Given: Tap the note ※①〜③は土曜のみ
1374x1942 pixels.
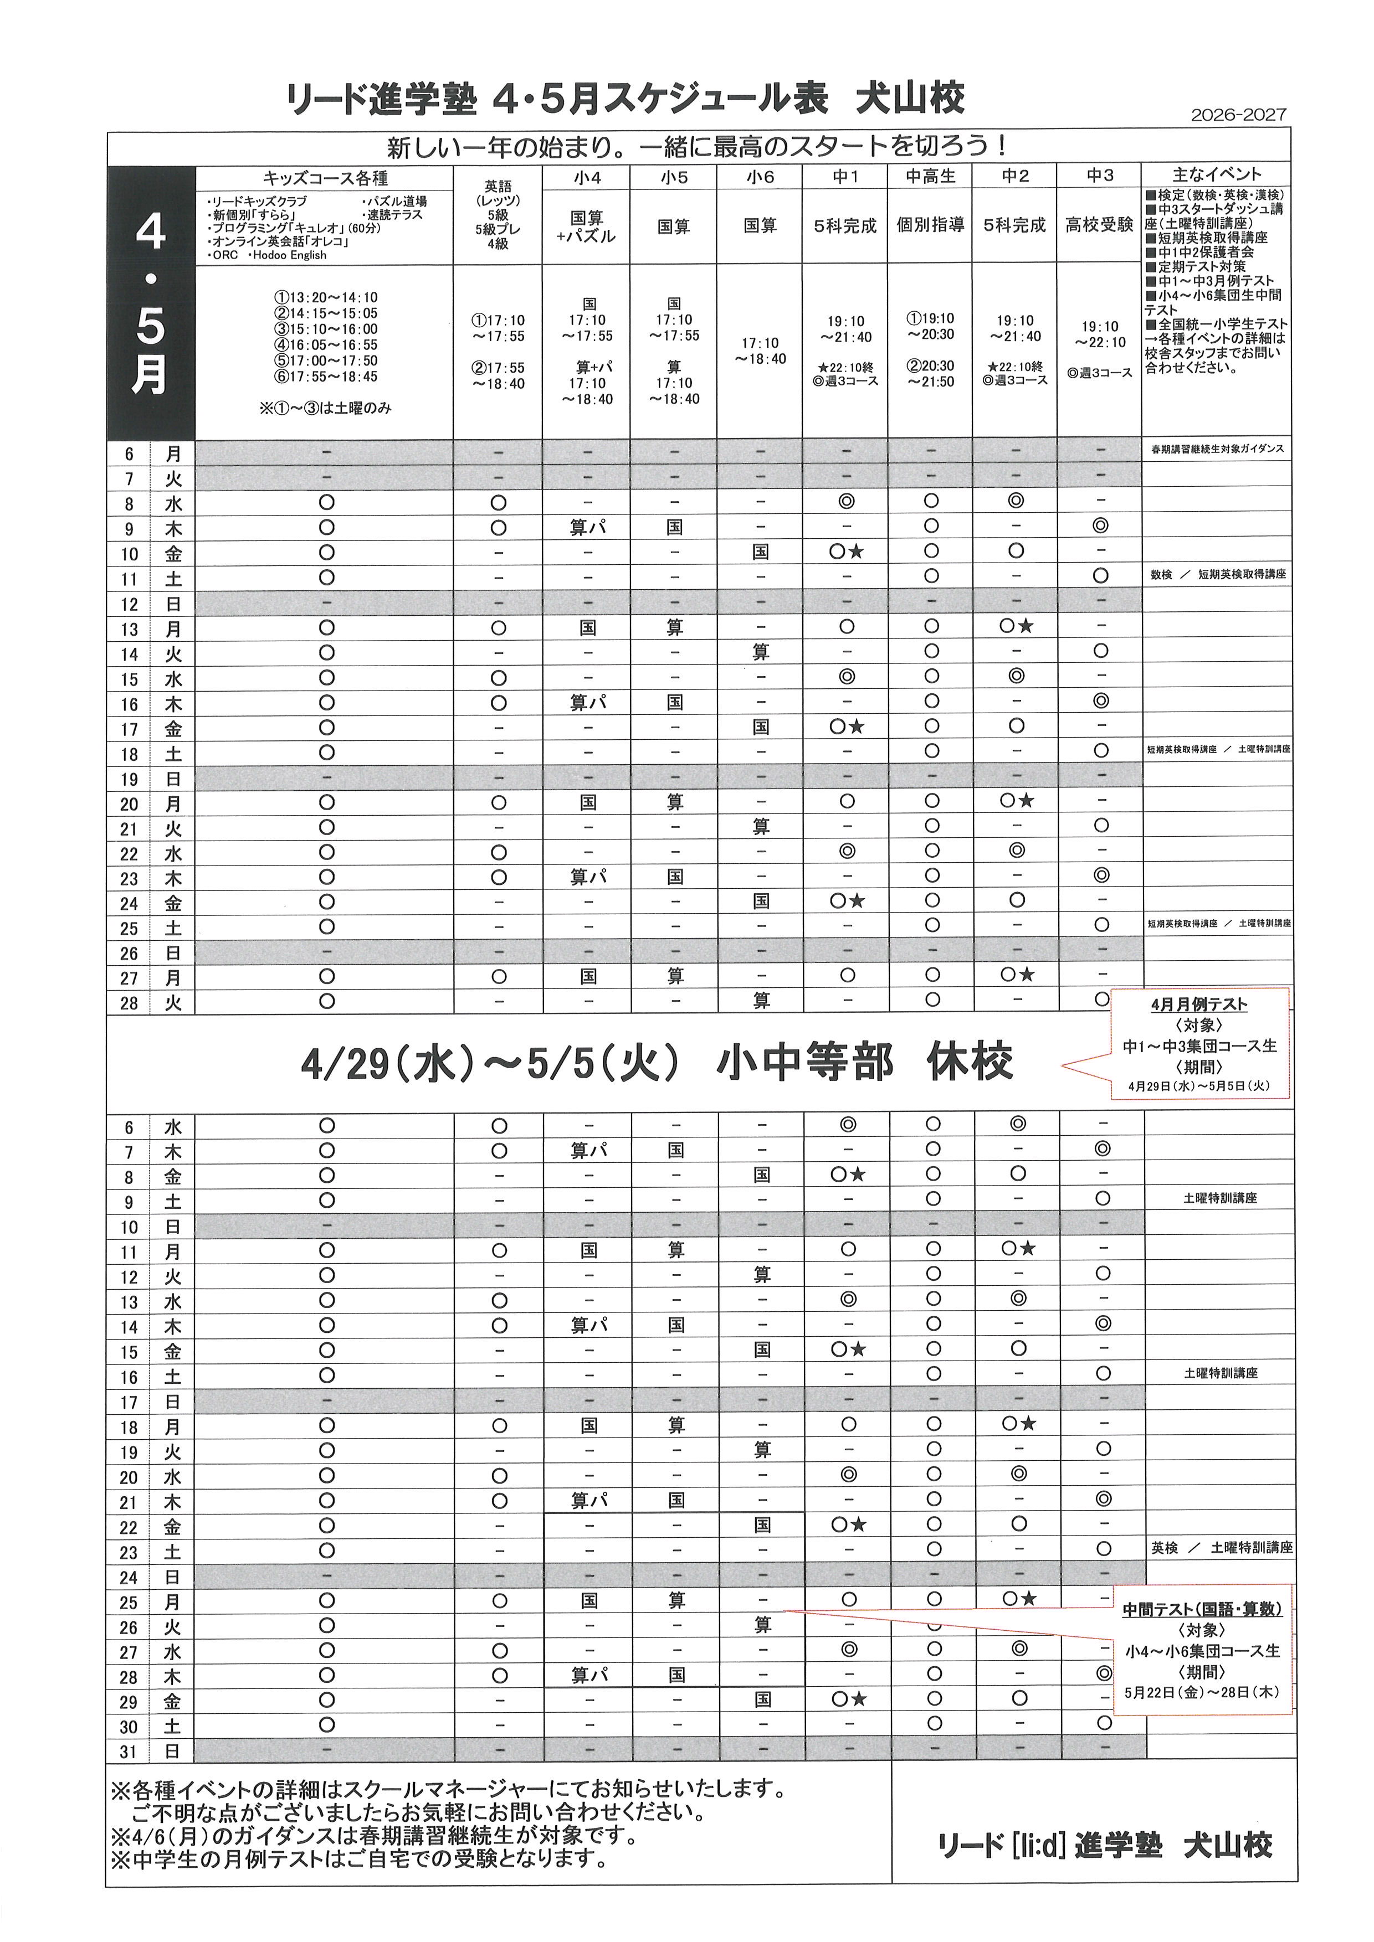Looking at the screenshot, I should (x=326, y=408).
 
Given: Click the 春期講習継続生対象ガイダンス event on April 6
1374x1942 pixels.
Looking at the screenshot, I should (x=1217, y=449).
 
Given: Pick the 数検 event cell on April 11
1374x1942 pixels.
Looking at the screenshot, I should (x=1162, y=574).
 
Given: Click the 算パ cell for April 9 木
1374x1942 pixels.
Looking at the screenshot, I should (x=587, y=528).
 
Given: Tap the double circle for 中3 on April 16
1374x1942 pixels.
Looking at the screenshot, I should (x=1100, y=701).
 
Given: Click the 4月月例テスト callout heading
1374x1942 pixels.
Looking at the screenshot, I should (x=1199, y=1005).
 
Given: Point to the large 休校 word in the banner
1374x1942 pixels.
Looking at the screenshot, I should (x=969, y=1062).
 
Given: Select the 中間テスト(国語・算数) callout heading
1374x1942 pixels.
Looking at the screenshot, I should (x=1201, y=1610).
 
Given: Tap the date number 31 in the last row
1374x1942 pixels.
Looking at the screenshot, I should (x=129, y=1752).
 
